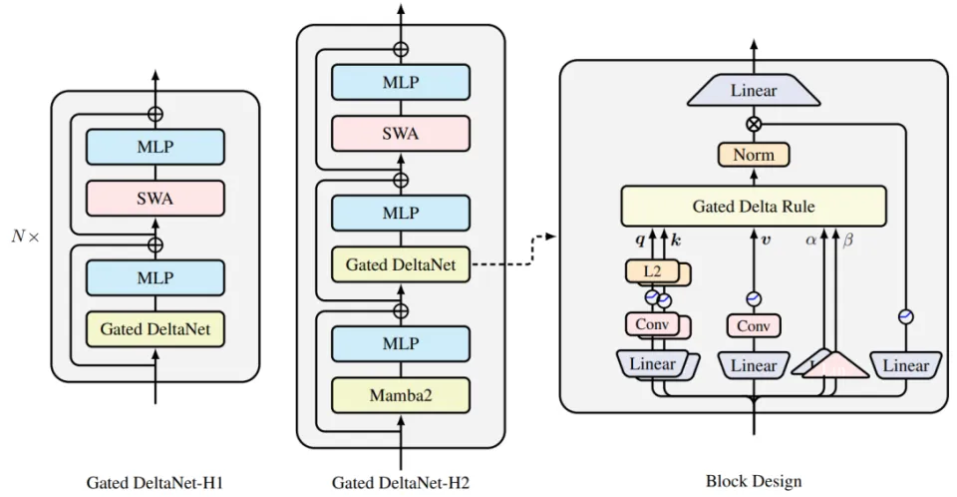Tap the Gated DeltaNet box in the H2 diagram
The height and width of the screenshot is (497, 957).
[x=401, y=264]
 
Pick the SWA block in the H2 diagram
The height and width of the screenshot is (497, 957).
[x=401, y=135]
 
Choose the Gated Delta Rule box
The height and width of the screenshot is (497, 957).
[x=753, y=207]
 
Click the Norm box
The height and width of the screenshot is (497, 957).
[x=754, y=155]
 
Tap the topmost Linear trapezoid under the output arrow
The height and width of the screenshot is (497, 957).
[x=754, y=92]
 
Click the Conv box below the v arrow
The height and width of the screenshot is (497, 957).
[x=754, y=325]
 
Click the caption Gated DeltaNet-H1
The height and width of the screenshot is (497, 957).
[x=155, y=482]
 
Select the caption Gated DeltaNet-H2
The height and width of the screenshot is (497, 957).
[x=401, y=482]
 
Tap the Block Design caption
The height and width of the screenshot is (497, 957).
[x=754, y=482]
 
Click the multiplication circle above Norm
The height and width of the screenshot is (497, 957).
[x=754, y=125]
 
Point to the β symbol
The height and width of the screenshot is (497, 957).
[x=848, y=241]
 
